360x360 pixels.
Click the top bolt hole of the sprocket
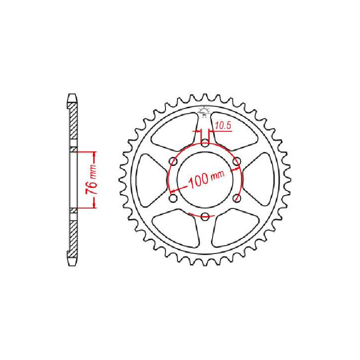pyautogui.click(x=205, y=142)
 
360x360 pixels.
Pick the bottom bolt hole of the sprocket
pyautogui.click(x=205, y=216)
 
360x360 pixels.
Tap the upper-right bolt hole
pyautogui.click(x=237, y=161)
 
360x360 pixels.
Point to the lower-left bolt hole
pyautogui.click(x=173, y=198)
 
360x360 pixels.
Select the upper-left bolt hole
pyautogui.click(x=173, y=161)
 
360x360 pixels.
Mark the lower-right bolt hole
pyautogui.click(x=237, y=198)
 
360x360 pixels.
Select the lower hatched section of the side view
pyautogui.click(x=73, y=235)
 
